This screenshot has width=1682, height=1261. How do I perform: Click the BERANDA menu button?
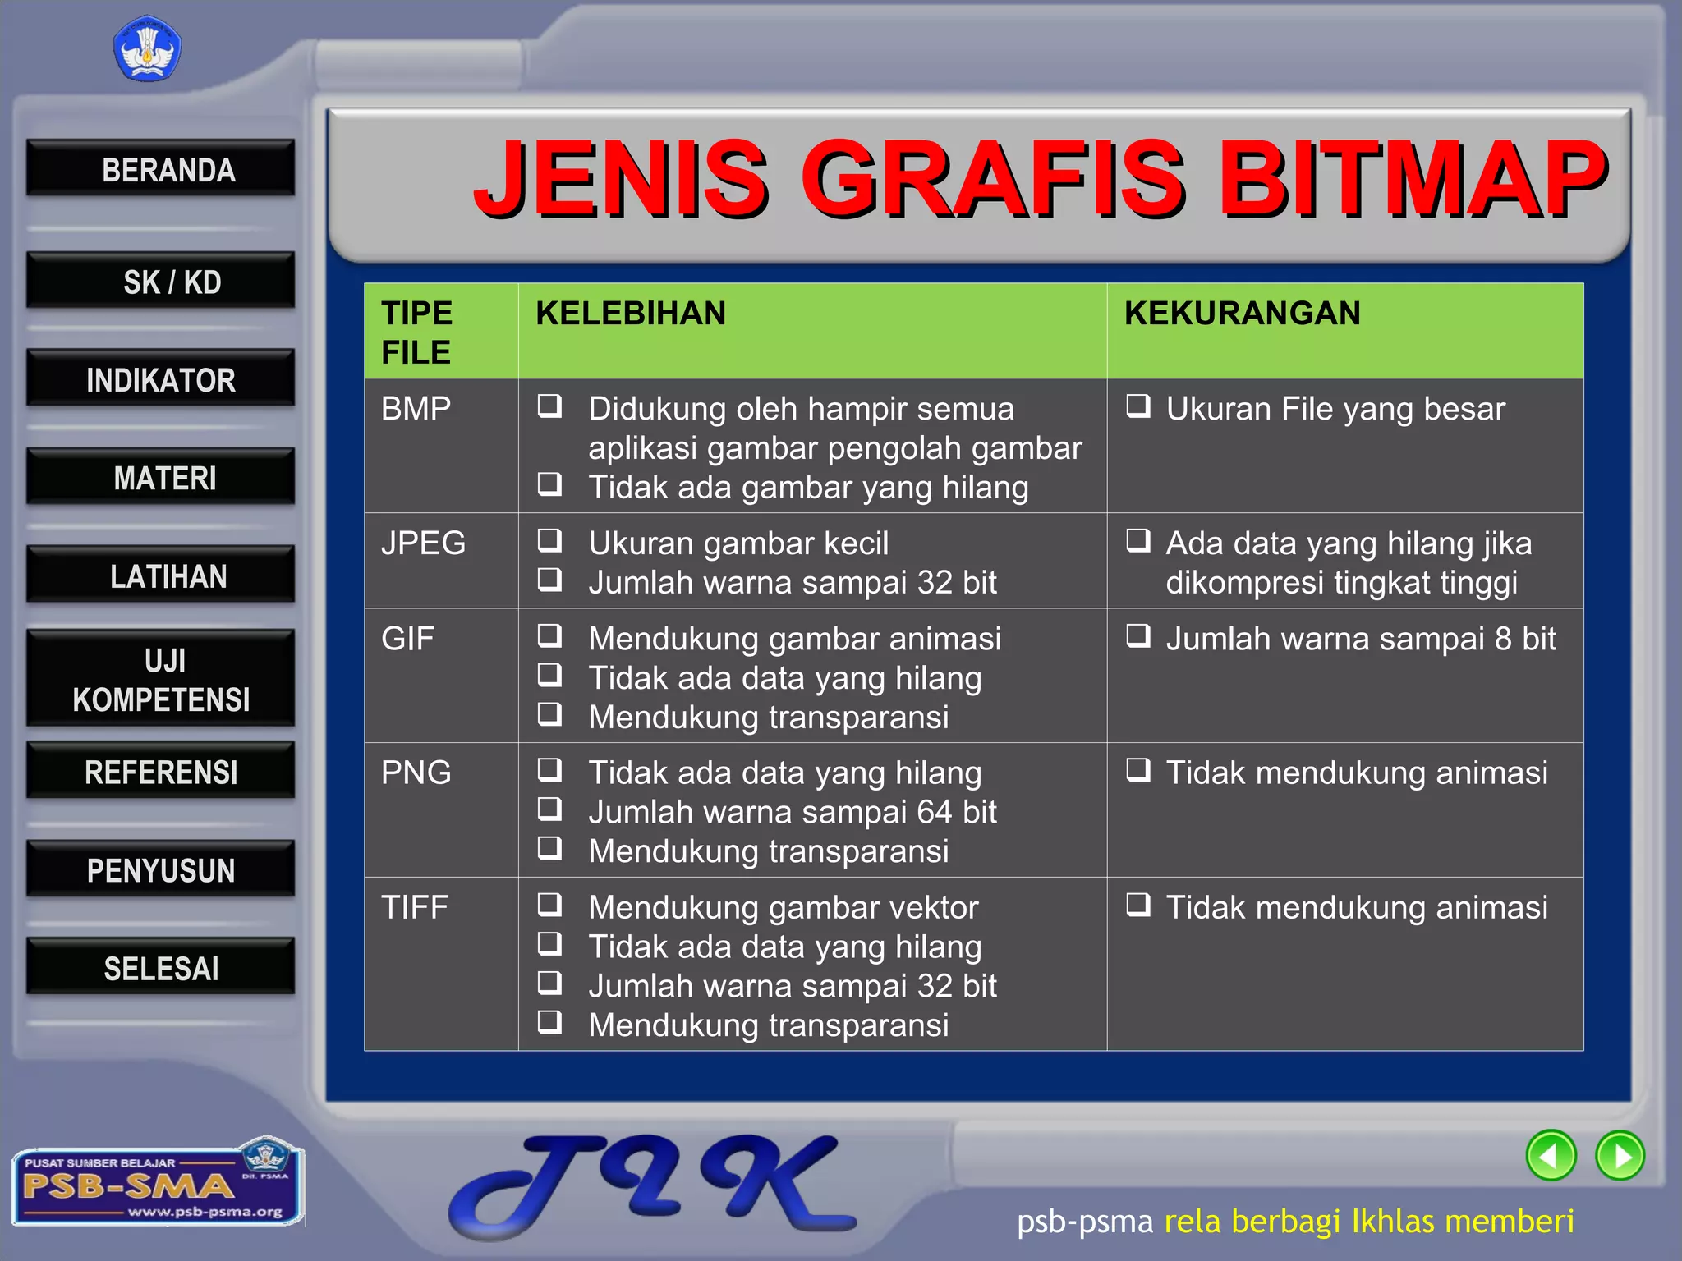pyautogui.click(x=161, y=169)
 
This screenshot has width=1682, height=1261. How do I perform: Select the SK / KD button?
pyautogui.click(x=161, y=282)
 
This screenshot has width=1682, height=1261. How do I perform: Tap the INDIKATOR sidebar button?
pyautogui.click(x=161, y=379)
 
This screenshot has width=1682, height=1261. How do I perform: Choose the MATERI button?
pyautogui.click(x=161, y=477)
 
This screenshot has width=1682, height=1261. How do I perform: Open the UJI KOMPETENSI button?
pyautogui.click(x=161, y=680)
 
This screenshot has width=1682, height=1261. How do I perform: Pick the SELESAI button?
pyautogui.click(x=161, y=968)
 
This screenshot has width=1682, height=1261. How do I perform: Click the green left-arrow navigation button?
pyautogui.click(x=1551, y=1155)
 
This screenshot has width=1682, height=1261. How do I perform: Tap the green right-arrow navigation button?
pyautogui.click(x=1620, y=1155)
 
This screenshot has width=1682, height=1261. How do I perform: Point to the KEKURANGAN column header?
pyautogui.click(x=1242, y=314)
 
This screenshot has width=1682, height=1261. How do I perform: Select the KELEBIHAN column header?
pyautogui.click(x=631, y=314)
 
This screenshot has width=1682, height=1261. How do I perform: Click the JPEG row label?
pyautogui.click(x=423, y=543)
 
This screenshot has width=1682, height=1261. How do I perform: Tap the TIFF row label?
pyautogui.click(x=415, y=907)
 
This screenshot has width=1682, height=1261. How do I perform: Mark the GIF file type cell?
pyautogui.click(x=407, y=639)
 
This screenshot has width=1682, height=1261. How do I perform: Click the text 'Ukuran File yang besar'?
pyautogui.click(x=1335, y=409)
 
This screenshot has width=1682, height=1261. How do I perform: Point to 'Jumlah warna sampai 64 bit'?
pyautogui.click(x=793, y=812)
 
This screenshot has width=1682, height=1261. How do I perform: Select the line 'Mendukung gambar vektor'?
pyautogui.click(x=784, y=907)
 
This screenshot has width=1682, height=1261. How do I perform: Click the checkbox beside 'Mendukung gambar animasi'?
pyautogui.click(x=549, y=635)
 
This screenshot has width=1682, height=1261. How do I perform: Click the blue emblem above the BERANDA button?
pyautogui.click(x=147, y=49)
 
